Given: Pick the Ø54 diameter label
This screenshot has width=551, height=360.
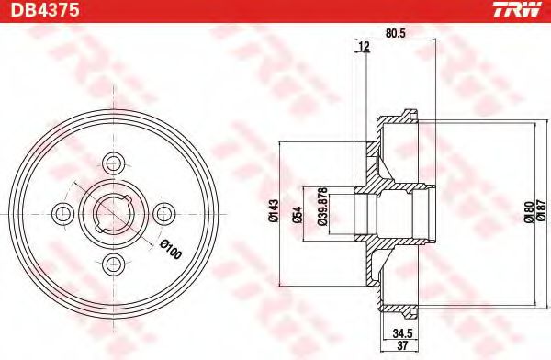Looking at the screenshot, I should [298, 213].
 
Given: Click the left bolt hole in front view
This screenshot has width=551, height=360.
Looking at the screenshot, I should [63, 213].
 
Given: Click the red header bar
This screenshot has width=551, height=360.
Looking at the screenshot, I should [275, 10].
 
